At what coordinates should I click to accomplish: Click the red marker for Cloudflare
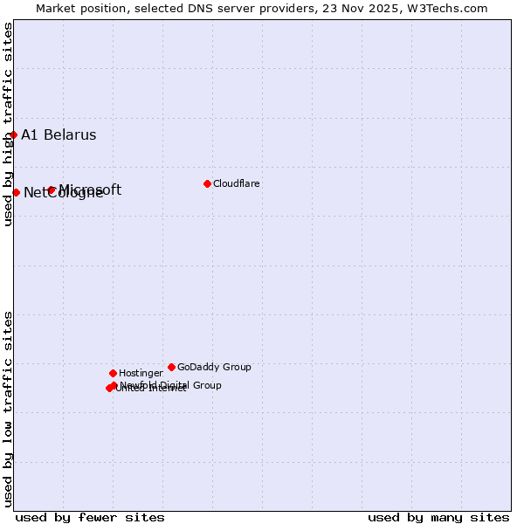pos(207,183)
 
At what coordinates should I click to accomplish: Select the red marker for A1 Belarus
pos(13,134)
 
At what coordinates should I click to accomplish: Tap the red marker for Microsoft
pos(52,190)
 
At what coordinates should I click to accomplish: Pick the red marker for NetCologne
pos(16,192)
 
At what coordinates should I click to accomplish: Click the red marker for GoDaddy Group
pos(171,367)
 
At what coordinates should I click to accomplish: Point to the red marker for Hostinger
pos(113,373)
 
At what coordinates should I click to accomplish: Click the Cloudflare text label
pos(237,183)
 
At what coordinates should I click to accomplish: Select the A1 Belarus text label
pos(59,134)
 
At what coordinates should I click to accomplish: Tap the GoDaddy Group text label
pos(214,367)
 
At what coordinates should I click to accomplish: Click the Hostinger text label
pos(141,373)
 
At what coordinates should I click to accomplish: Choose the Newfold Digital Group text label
pos(171,384)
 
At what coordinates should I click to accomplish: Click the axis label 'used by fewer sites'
pos(90,517)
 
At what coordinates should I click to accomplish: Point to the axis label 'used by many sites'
pos(438,517)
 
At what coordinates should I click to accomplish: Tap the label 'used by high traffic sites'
pos(8,124)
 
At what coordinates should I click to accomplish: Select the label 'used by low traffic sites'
pos(8,408)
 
